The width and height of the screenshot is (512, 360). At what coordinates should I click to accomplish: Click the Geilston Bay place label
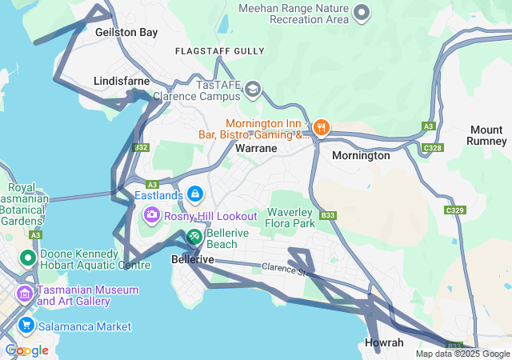click(126, 32)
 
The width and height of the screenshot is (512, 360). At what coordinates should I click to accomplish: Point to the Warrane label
click(256, 149)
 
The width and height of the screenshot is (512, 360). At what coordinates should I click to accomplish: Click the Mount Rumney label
click(486, 136)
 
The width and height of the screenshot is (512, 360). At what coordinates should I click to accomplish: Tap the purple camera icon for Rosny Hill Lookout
click(151, 215)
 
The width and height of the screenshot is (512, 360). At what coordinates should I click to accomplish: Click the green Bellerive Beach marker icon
click(194, 237)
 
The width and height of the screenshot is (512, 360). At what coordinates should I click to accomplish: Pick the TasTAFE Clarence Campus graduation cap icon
click(253, 88)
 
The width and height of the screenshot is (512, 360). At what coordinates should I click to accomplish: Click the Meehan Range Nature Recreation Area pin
click(362, 12)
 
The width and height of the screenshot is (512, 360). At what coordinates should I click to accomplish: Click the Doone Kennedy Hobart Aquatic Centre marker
click(27, 258)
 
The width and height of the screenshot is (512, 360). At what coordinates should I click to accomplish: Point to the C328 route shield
click(432, 147)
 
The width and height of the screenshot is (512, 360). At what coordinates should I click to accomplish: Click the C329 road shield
click(454, 210)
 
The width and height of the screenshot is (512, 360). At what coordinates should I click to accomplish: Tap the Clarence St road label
click(284, 270)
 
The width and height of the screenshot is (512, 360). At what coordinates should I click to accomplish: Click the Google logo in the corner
click(26, 350)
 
